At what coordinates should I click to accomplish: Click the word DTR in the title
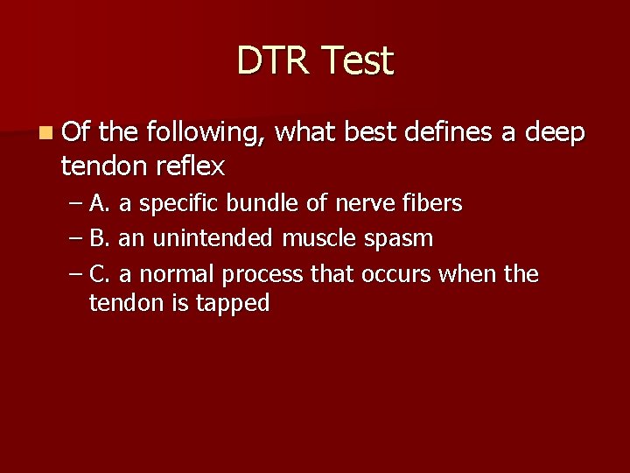pos(273,61)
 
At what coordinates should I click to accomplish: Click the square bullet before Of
pos(45,133)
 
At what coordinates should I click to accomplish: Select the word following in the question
pos(207,133)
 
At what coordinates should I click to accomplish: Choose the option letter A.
pos(99,203)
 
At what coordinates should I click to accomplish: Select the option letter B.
pos(99,238)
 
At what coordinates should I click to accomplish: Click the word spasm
pos(402,239)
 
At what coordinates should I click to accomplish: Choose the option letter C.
pos(99,274)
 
